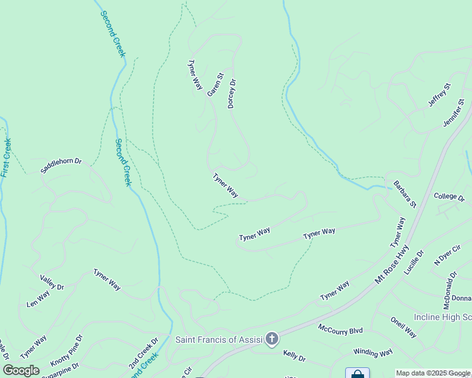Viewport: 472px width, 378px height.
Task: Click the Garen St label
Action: tap(216, 85)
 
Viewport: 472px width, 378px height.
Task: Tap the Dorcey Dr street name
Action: tap(232, 93)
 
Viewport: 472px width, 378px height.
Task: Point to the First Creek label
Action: tap(6, 157)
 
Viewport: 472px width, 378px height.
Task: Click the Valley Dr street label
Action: tap(52, 282)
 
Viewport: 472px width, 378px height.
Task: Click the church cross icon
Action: tap(272, 340)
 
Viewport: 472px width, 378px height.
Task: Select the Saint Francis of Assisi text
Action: tap(219, 340)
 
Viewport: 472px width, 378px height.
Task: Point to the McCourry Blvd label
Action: tap(340, 329)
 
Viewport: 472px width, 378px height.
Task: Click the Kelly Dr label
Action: tap(294, 357)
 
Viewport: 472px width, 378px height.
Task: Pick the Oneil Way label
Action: tap(403, 328)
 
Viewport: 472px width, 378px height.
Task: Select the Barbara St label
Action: tap(405, 195)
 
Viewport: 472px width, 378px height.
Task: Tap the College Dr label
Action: tap(449, 197)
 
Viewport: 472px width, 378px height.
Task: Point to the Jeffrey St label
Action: tap(439, 94)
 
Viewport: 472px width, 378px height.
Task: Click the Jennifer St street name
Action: tap(454, 112)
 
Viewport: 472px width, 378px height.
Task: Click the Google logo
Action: tap(21, 370)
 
